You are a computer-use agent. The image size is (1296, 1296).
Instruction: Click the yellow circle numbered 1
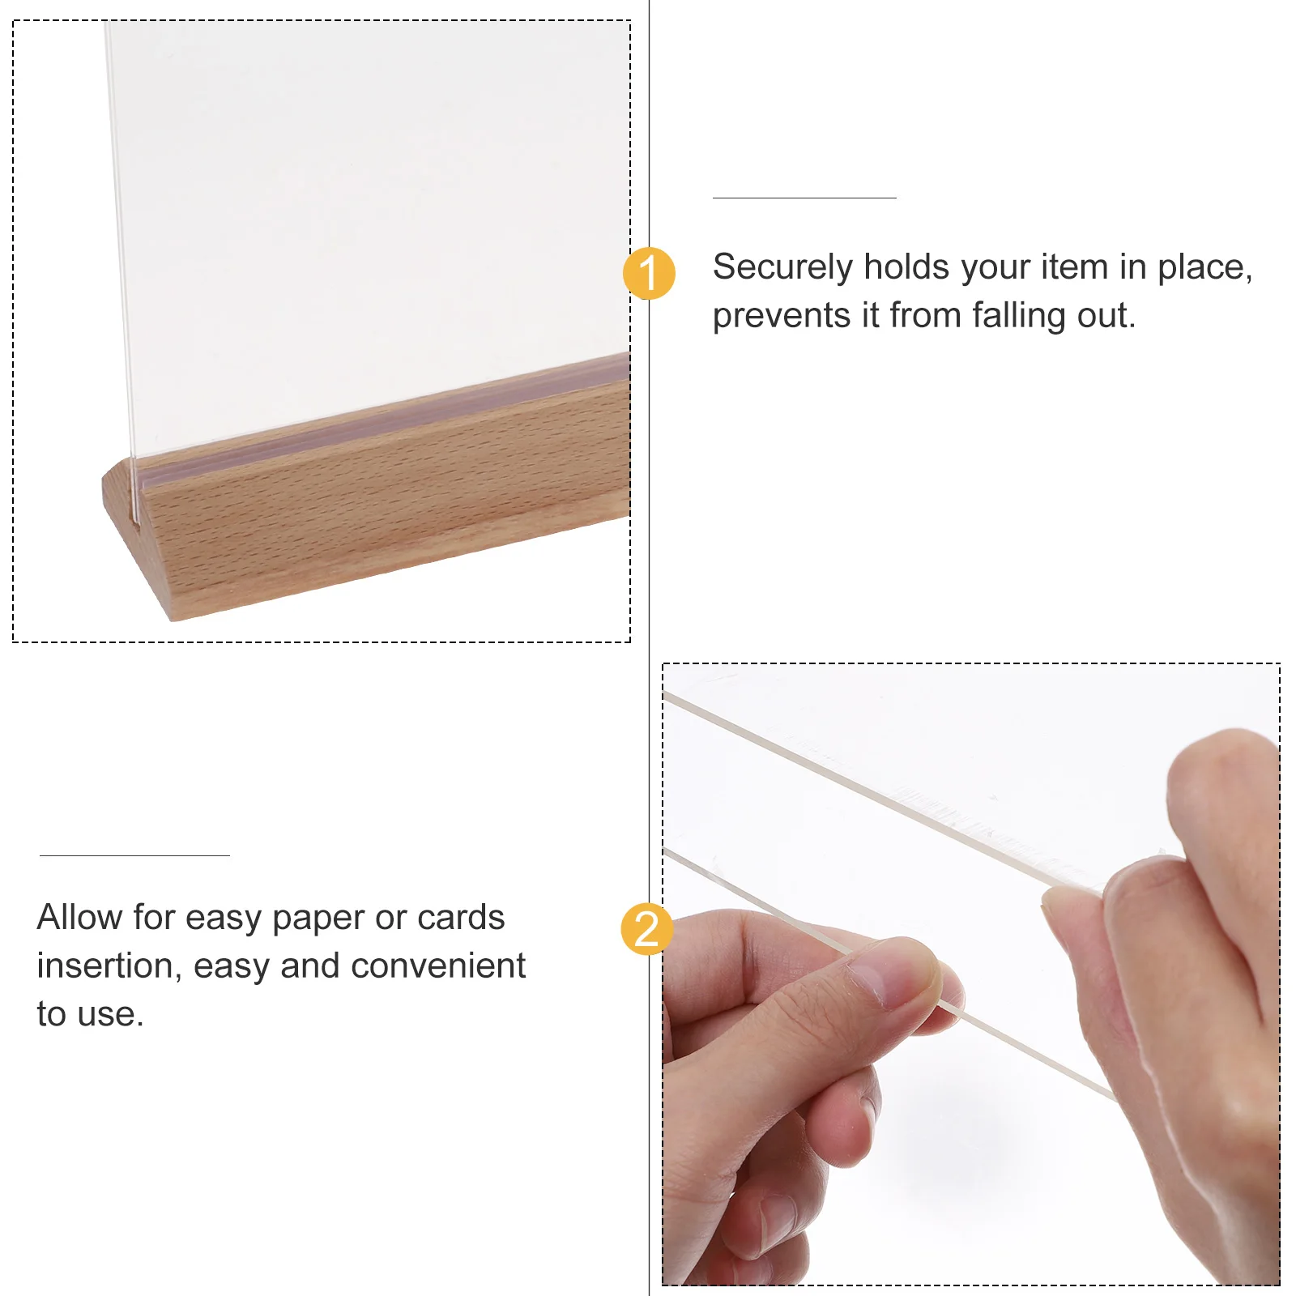[x=649, y=273]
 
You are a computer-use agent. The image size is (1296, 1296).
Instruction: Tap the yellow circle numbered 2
[x=646, y=928]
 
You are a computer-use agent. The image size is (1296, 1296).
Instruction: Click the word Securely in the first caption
[x=782, y=268]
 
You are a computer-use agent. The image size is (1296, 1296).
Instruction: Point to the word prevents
[x=781, y=317]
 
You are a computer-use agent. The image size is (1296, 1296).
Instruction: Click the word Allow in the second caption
[x=79, y=918]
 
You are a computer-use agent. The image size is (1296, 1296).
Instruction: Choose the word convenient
[x=438, y=966]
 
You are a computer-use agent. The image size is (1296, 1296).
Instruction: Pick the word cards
[x=461, y=918]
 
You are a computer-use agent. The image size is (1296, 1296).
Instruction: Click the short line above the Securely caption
[x=804, y=198]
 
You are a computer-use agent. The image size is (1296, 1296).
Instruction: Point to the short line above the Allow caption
[x=134, y=855]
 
